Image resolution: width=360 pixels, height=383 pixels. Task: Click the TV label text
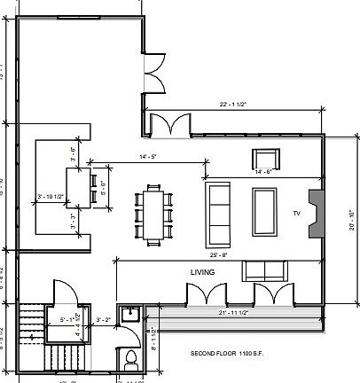(x=297, y=214)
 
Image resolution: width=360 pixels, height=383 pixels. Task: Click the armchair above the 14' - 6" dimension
(x=266, y=160)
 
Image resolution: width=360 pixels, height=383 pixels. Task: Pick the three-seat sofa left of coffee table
(x=218, y=214)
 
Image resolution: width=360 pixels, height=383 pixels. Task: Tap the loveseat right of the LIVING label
(x=265, y=271)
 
